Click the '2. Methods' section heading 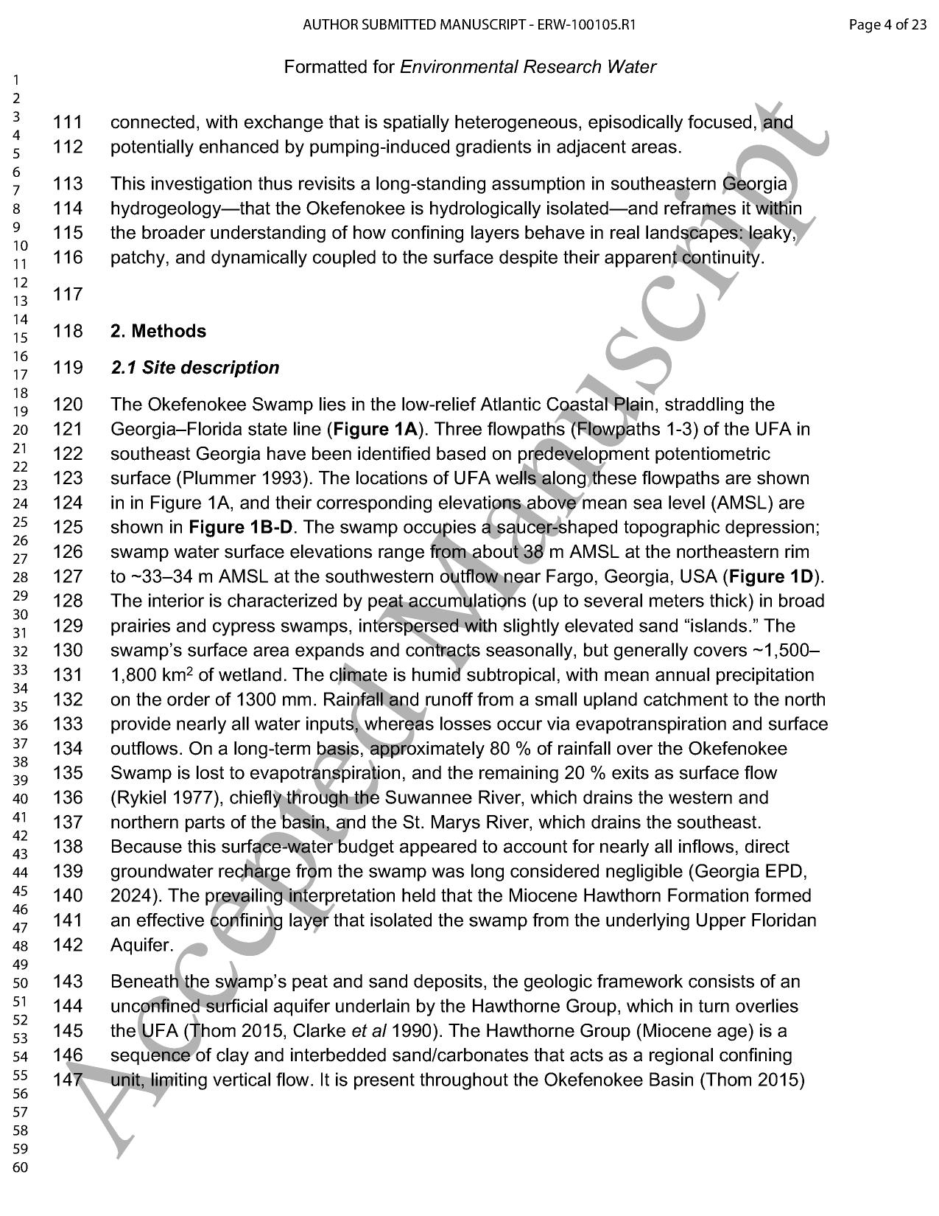point(158,332)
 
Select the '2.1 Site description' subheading point(195,368)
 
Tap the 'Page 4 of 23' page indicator point(887,25)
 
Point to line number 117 point(68,295)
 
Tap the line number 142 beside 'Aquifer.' point(68,946)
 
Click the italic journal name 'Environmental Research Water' point(527,67)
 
